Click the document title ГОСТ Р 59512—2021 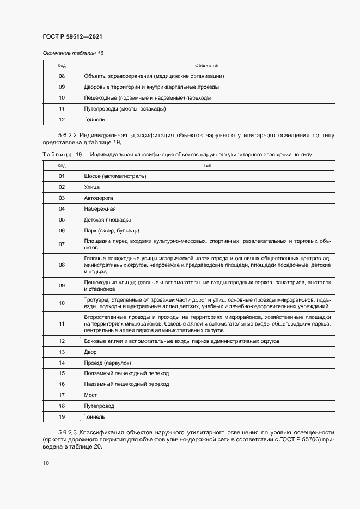[x=72, y=36]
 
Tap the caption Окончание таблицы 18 [x=72, y=53]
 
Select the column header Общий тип [x=207, y=65]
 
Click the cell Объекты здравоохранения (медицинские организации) [x=154, y=76]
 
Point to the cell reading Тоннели [x=94, y=119]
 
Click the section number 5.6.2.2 [x=68, y=134]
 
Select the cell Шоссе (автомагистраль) [x=115, y=176]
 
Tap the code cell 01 [x=62, y=176]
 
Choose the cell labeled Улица [x=92, y=187]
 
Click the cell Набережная [x=100, y=209]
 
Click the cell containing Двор [x=90, y=352]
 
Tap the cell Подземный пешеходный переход [x=126, y=373]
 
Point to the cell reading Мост [x=90, y=395]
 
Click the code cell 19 [x=62, y=416]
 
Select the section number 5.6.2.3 [x=68, y=432]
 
